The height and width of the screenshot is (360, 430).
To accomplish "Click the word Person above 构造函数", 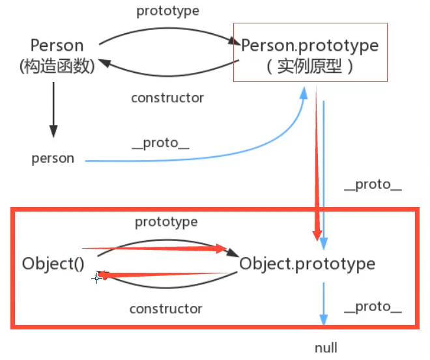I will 57,46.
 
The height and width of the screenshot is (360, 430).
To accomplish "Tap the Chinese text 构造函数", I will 57,66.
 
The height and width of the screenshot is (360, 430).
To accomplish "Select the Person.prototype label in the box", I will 309,46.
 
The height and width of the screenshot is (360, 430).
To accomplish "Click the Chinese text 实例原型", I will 309,66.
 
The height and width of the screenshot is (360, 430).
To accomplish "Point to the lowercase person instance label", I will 53,158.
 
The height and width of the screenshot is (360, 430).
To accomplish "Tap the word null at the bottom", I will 326,348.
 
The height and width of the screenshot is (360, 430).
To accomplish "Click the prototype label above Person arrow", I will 168,11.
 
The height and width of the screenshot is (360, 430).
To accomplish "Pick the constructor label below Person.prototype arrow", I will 167,98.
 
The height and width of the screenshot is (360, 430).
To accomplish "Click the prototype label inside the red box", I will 166,222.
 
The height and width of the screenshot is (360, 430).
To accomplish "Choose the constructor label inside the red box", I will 166,309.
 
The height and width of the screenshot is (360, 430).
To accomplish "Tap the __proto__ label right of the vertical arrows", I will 373,185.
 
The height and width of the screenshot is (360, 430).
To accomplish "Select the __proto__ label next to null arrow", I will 373,306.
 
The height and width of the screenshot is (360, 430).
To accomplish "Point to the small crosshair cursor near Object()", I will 96,278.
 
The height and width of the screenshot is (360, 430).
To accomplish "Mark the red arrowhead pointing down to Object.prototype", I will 317,234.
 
